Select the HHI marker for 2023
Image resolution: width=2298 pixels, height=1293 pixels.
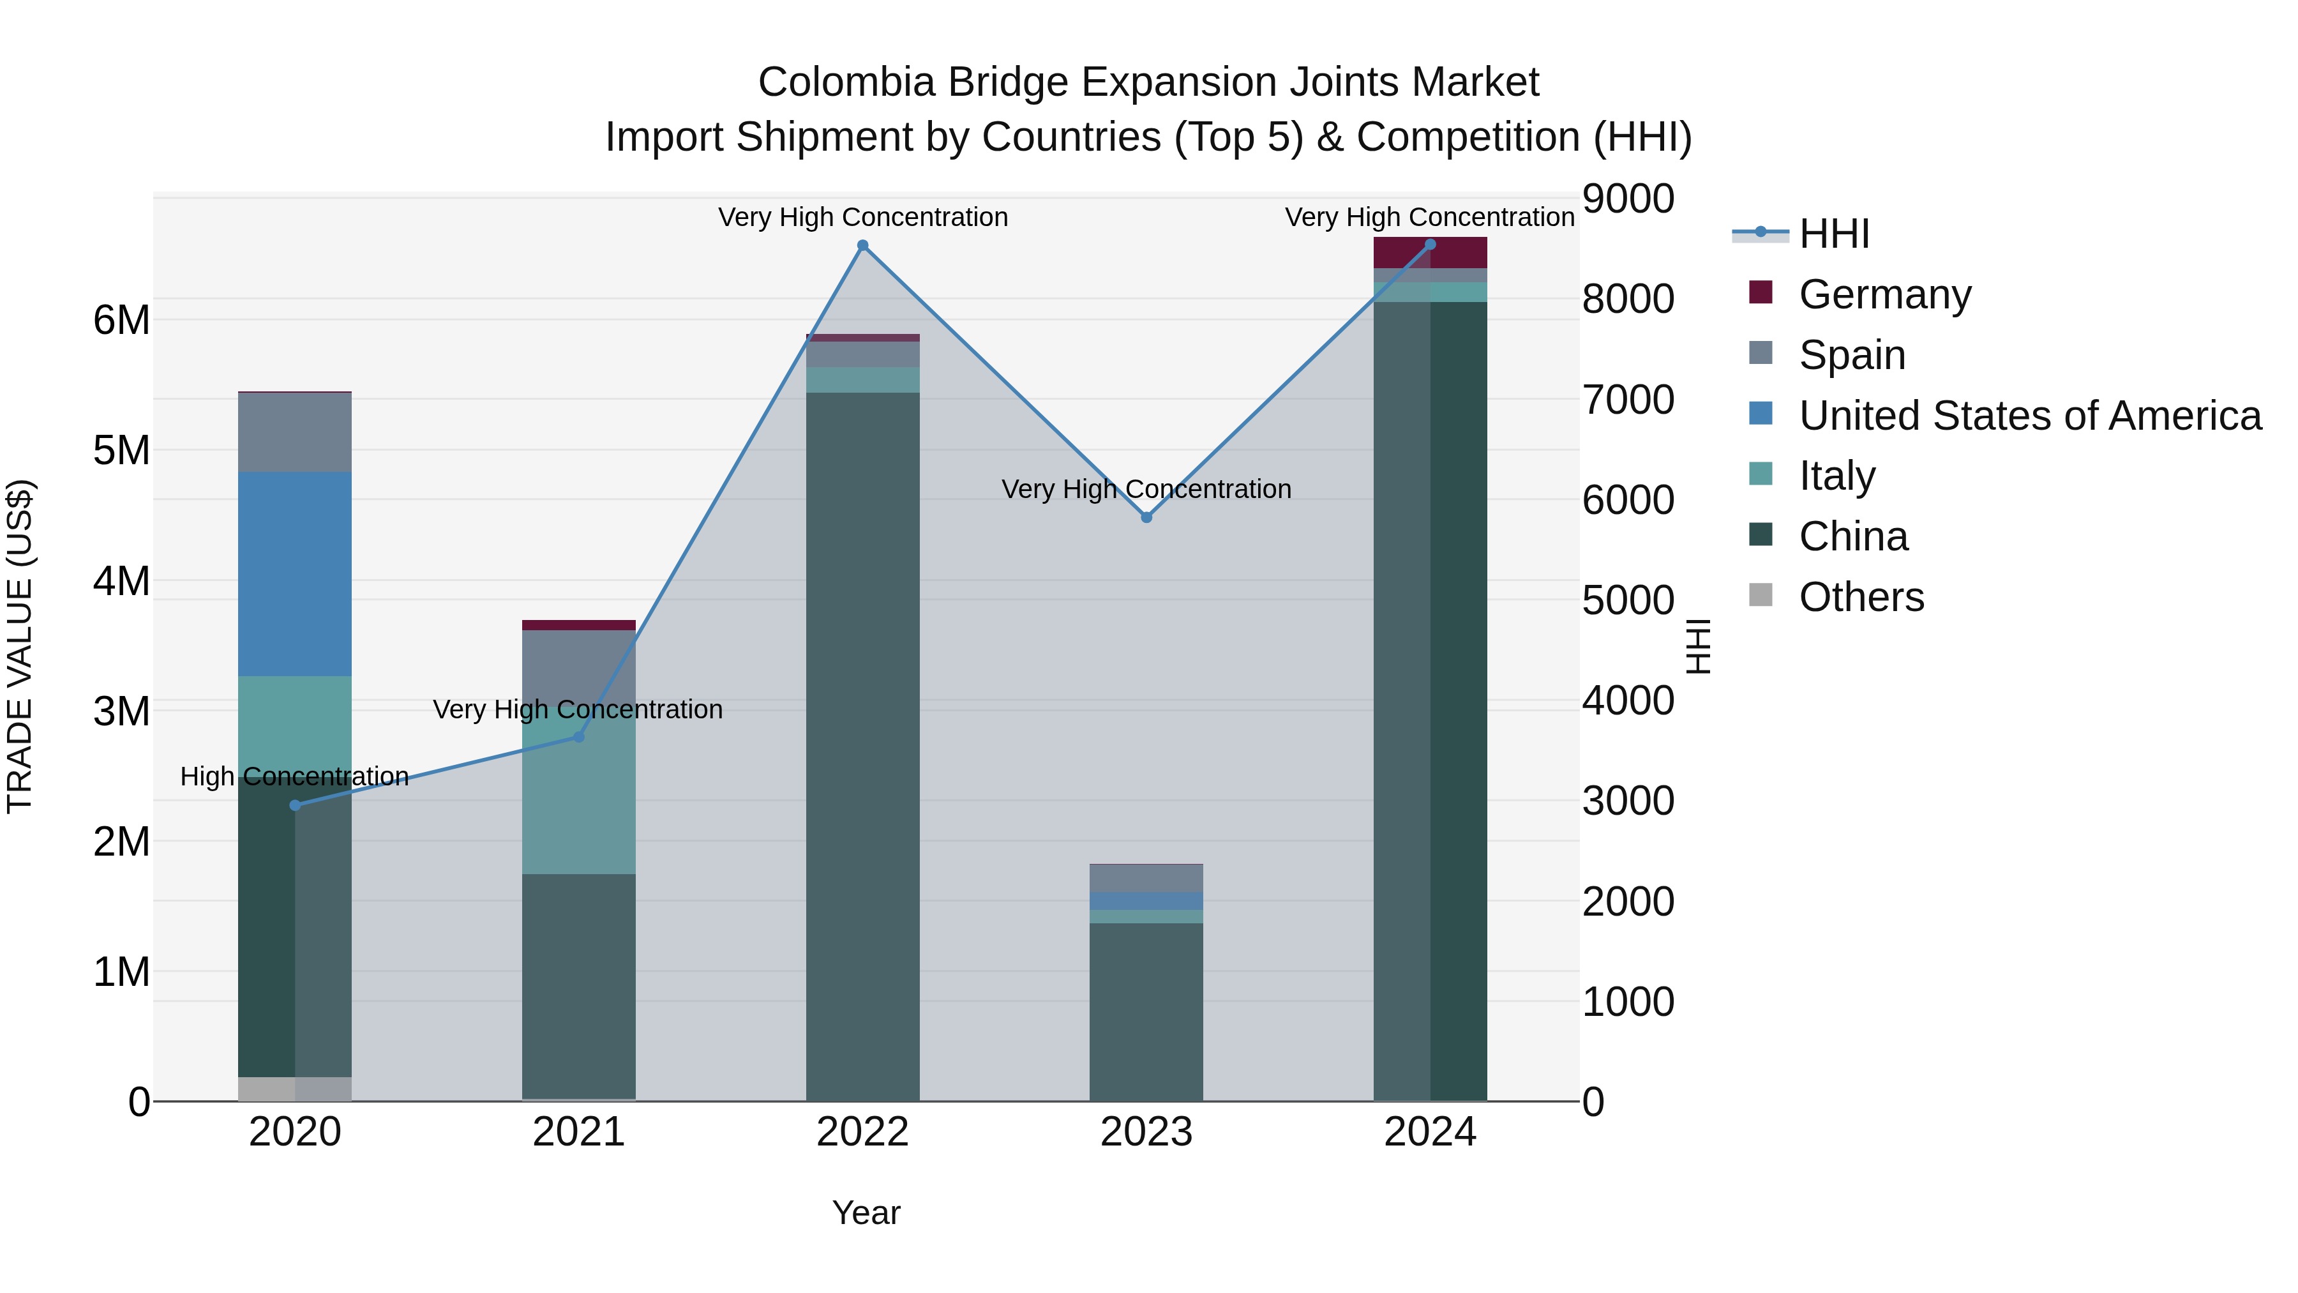coord(1146,518)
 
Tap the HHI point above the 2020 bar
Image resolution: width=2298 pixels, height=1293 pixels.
coord(296,806)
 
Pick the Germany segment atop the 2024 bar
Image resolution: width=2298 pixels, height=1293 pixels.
coord(1430,252)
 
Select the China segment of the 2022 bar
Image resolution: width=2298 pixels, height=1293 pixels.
coord(862,746)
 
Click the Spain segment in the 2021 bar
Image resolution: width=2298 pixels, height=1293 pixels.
coord(579,674)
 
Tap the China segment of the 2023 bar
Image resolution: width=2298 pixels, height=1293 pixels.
coord(1146,1012)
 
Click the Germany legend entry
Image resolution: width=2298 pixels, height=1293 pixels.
coord(1884,294)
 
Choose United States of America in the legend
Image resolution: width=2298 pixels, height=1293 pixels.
coord(2029,416)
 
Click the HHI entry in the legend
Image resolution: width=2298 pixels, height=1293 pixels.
coord(1833,234)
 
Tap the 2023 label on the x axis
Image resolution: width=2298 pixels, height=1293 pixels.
coord(1146,1132)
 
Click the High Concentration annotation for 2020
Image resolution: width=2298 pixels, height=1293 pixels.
coord(294,776)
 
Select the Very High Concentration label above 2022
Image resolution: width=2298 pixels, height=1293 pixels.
coord(862,218)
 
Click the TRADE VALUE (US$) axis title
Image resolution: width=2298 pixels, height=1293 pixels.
coord(20,646)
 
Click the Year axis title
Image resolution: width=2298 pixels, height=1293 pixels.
coord(866,1213)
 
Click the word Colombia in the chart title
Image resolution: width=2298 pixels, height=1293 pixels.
coord(846,83)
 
